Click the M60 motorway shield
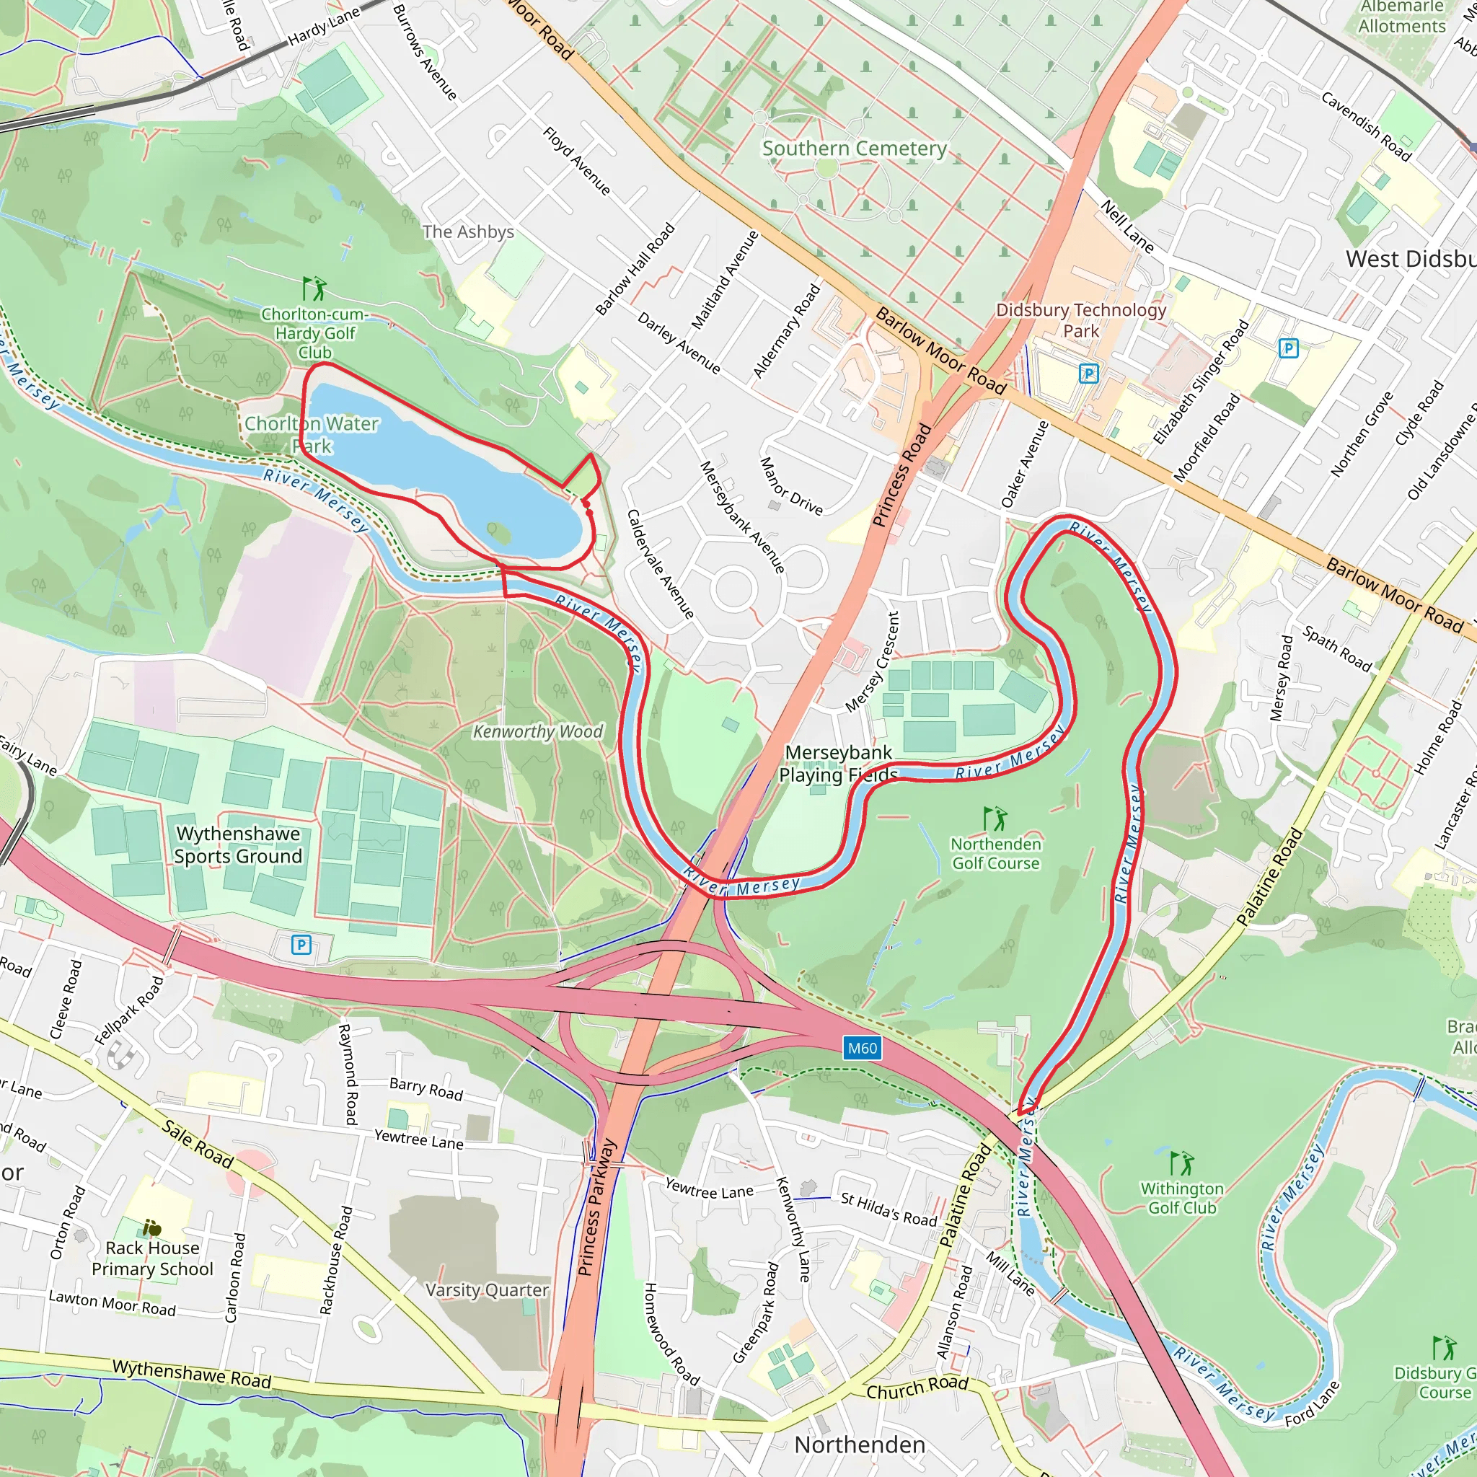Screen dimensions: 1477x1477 tap(863, 1048)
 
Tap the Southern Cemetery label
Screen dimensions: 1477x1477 tap(854, 149)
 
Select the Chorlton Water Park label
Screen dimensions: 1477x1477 tap(312, 434)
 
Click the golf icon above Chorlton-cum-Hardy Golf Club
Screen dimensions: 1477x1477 tap(314, 289)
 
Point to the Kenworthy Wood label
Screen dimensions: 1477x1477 tap(537, 731)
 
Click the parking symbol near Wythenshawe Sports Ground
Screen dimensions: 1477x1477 tap(301, 945)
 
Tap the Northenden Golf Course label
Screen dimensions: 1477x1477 tap(995, 853)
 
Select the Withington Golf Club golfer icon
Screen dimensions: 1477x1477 tap(1182, 1163)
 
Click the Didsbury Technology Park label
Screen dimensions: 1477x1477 tap(1080, 319)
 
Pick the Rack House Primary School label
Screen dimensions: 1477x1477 tap(152, 1258)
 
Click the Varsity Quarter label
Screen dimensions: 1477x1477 tap(487, 1289)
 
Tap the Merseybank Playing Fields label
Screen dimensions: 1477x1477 tap(838, 763)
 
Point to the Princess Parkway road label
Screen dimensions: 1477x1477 tap(597, 1208)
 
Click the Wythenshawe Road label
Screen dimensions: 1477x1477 tap(191, 1374)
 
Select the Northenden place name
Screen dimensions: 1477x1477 tap(859, 1444)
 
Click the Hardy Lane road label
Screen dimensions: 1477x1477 tap(323, 27)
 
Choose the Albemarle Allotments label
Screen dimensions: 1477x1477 tap(1401, 17)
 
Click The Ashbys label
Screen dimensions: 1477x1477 tap(468, 232)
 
